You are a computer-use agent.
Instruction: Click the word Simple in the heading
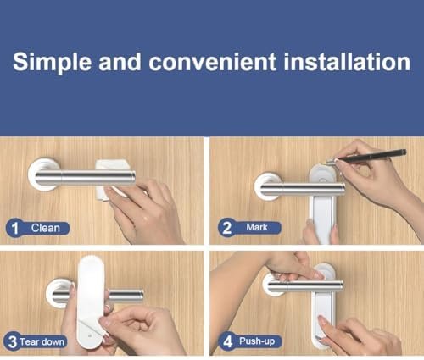53,63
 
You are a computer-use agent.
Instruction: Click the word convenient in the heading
212,62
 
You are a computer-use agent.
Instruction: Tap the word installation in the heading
347,62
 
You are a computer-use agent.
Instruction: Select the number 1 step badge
14,228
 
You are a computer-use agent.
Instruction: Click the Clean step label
46,228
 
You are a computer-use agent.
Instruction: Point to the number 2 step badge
226,228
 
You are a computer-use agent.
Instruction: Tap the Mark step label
257,227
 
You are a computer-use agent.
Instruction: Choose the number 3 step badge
12,341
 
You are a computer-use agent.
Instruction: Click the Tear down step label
42,342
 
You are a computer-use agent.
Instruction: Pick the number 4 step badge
227,341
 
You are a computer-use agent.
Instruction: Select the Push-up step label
257,341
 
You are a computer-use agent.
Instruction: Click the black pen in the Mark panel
367,156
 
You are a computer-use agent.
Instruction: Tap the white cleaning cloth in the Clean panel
113,180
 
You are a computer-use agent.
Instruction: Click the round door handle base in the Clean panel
42,174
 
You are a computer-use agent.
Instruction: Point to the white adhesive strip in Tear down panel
91,302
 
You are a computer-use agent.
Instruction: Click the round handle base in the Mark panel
267,186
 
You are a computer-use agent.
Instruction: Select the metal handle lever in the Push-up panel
305,286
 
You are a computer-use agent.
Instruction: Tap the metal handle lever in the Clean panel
85,178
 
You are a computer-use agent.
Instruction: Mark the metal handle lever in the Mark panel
303,189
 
